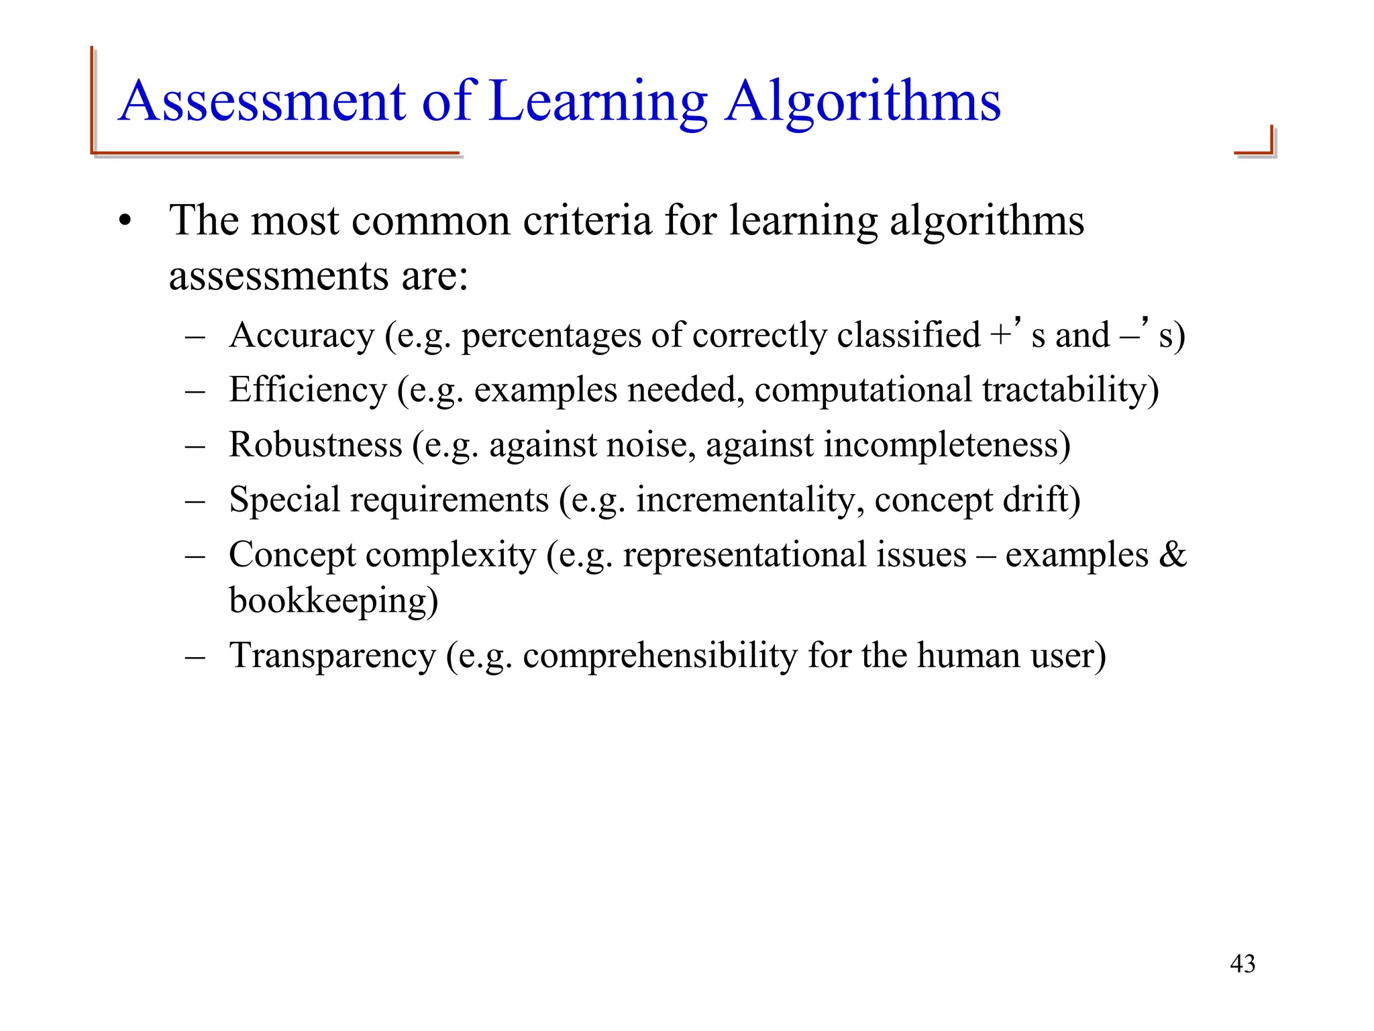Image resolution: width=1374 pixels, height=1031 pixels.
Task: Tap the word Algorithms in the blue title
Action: (863, 103)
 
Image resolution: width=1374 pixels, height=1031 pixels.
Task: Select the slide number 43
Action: (1242, 964)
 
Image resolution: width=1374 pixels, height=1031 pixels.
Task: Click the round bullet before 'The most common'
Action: (124, 221)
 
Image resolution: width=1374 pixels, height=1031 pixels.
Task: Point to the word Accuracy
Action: (301, 335)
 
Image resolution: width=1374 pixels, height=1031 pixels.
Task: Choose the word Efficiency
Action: (308, 390)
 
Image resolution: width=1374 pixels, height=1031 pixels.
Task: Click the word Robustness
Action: (315, 445)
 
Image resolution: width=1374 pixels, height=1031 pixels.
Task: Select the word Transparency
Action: (332, 656)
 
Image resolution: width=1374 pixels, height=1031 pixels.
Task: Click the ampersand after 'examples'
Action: (1173, 555)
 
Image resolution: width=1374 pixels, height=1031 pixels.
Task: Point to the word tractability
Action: (1065, 390)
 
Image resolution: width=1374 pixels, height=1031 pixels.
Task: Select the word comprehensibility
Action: (659, 656)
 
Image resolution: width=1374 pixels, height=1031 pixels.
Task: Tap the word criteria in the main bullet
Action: (587, 221)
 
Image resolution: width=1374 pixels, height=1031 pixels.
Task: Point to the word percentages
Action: (551, 336)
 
